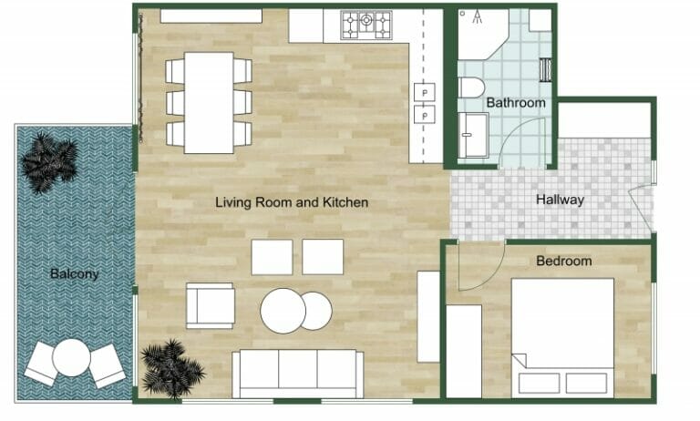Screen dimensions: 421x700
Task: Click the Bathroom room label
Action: point(515,103)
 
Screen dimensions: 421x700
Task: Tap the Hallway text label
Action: point(560,200)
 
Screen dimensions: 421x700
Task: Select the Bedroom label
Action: point(563,262)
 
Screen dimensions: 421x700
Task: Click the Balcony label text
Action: point(75,273)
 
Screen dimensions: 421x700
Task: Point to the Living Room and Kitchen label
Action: point(292,201)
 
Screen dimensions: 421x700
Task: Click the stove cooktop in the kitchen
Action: point(366,25)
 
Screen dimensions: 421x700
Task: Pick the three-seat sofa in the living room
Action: point(292,373)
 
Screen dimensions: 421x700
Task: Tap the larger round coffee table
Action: point(283,311)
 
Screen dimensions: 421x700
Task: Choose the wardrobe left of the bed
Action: point(463,350)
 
